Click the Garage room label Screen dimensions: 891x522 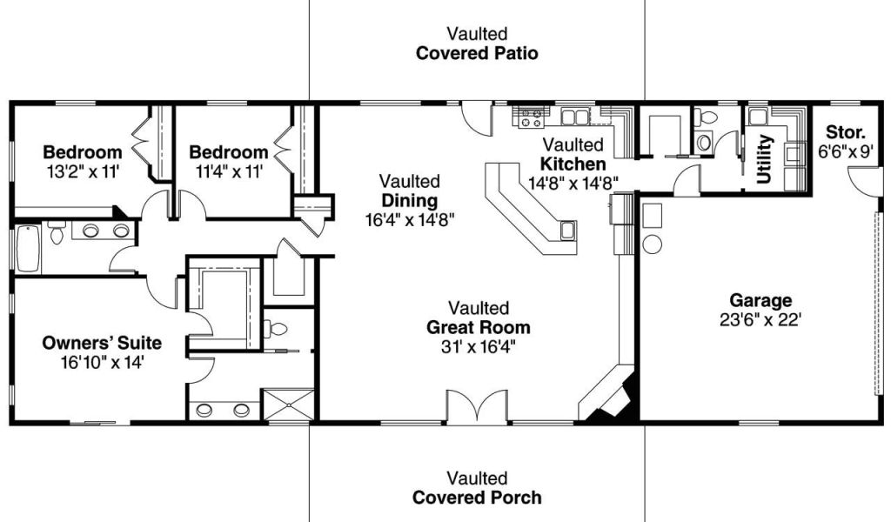click(760, 300)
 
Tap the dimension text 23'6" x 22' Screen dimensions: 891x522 click(760, 320)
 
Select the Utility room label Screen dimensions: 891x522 click(764, 159)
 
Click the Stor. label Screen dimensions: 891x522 click(846, 132)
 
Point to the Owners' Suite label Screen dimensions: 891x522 click(102, 343)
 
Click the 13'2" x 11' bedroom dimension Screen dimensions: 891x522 click(83, 171)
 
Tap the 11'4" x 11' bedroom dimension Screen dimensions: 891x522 click(229, 171)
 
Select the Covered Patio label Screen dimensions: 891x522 click(477, 53)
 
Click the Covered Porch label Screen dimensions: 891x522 click(477, 498)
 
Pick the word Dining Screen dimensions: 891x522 click(410, 201)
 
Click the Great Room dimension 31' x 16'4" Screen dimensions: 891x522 click(479, 346)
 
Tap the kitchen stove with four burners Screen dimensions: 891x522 click(532, 117)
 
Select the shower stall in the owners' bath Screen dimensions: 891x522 click(288, 405)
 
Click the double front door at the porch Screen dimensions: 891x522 click(476, 407)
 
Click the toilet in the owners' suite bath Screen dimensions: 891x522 click(275, 329)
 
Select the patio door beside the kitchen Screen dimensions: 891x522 click(476, 119)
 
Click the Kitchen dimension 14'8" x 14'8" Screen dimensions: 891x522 click(573, 183)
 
